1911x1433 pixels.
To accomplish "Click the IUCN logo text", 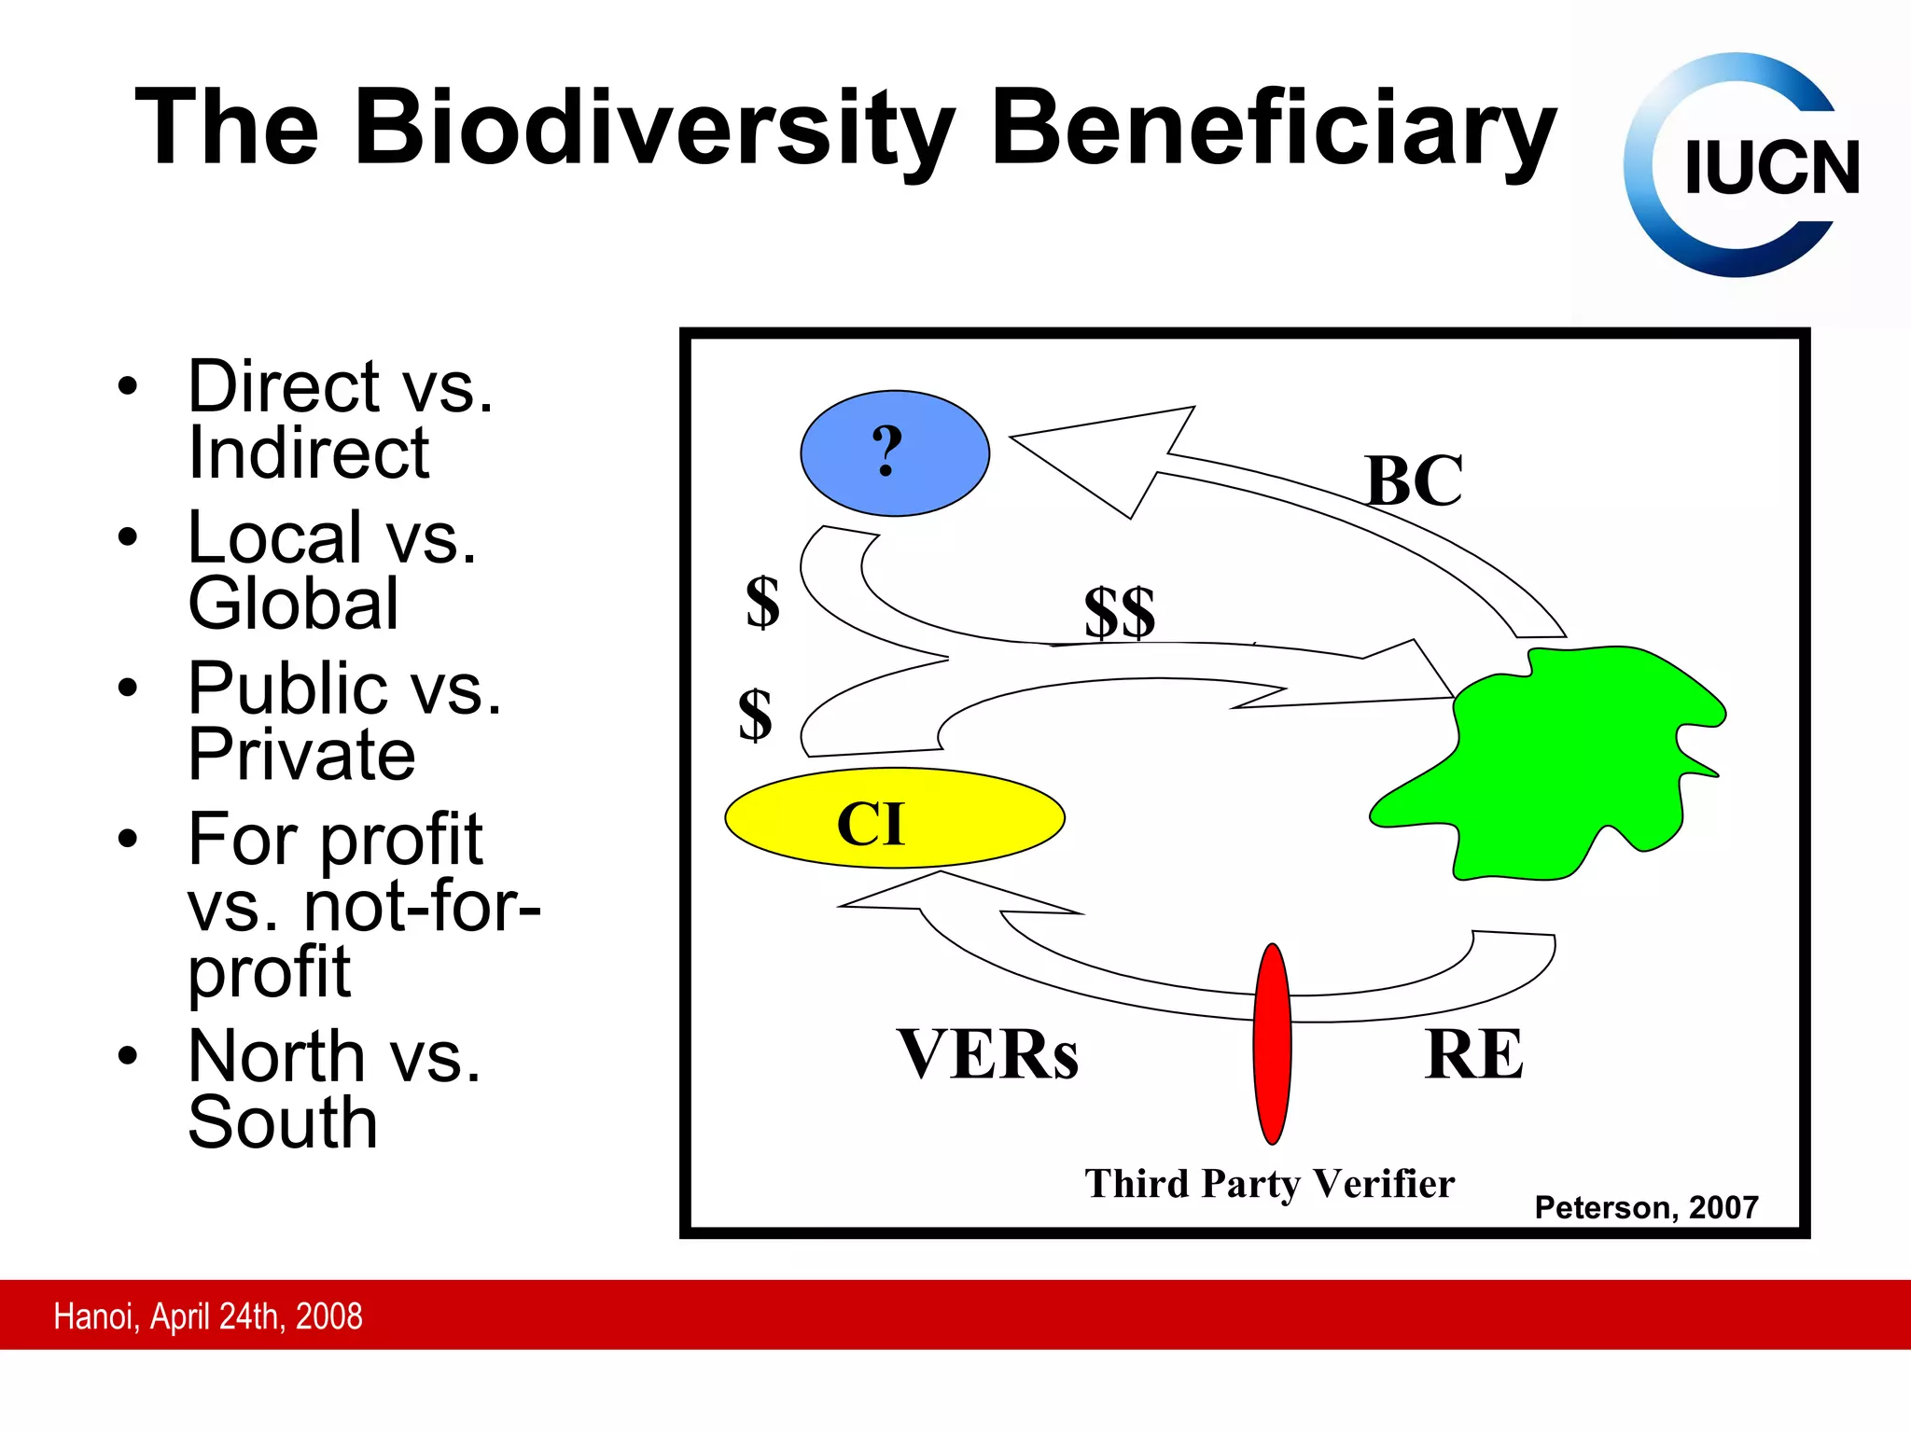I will (1771, 169).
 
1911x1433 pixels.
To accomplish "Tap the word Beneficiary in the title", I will (1273, 129).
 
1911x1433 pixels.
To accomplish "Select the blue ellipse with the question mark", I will (894, 453).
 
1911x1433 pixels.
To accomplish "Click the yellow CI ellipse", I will (894, 819).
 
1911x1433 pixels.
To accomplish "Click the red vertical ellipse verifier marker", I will (1272, 1043).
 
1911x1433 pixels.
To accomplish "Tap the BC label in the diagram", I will (1414, 481).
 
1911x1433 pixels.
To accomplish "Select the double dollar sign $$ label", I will (1119, 613).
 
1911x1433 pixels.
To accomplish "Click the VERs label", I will (987, 1055).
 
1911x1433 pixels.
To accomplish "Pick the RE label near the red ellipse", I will (1473, 1055).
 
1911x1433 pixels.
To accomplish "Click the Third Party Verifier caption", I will (1269, 1184).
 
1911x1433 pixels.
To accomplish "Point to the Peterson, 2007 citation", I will (1646, 1208).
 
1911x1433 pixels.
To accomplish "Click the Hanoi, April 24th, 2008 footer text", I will (207, 1316).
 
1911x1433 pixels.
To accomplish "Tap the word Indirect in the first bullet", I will (308, 453).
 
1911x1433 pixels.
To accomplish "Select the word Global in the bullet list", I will (293, 604).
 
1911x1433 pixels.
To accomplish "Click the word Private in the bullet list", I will (301, 754).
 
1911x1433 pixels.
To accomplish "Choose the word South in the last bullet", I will (283, 1122).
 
